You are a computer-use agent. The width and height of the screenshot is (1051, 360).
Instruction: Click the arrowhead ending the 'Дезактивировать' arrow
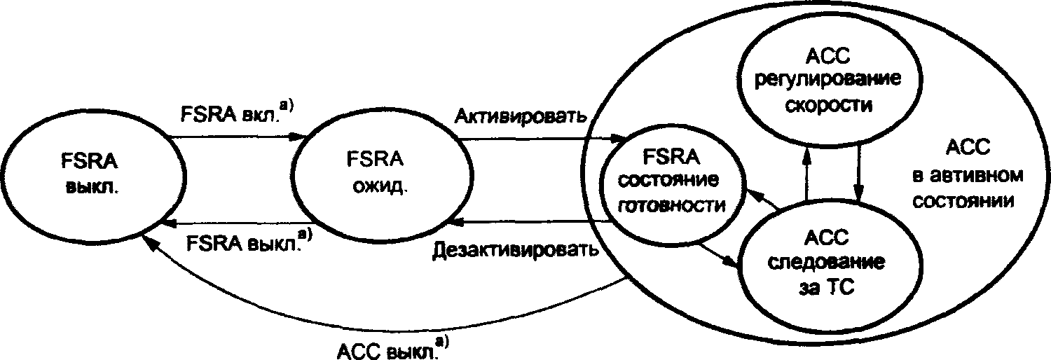(x=455, y=222)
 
